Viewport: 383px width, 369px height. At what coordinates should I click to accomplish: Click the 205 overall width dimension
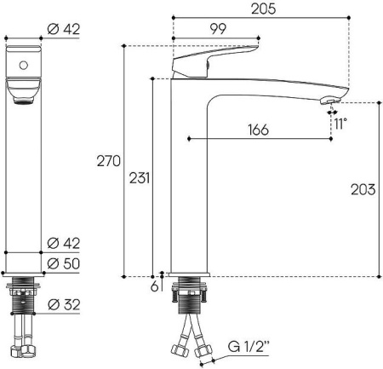(263, 9)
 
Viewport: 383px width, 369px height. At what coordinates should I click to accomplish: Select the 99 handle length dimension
(218, 29)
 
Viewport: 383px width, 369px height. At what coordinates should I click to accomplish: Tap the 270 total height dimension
(109, 161)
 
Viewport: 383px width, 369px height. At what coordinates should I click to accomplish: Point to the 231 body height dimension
(140, 178)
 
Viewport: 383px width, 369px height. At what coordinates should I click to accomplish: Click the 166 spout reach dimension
(258, 130)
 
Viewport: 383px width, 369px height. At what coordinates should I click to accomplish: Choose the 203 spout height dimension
(363, 189)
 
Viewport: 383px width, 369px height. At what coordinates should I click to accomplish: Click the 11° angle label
(340, 124)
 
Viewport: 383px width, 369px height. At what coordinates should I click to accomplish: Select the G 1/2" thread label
(249, 347)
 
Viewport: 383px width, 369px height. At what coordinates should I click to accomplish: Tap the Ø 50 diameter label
(64, 263)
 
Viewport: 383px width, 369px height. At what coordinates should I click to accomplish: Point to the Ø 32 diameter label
(64, 304)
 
